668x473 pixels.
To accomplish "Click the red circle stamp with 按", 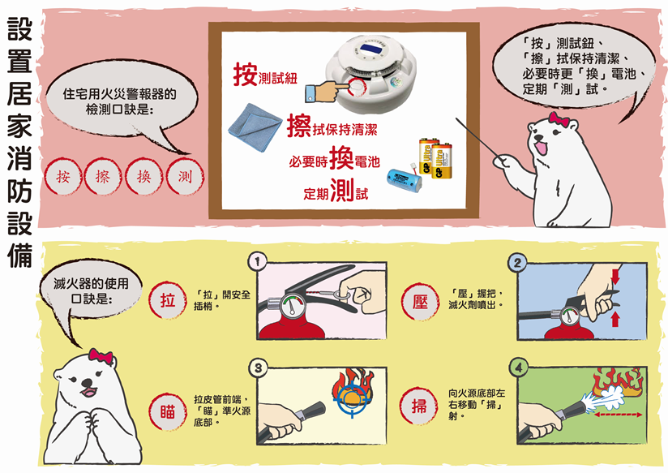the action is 63,176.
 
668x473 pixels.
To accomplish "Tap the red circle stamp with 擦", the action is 103,176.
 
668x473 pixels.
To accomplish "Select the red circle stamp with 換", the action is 144,176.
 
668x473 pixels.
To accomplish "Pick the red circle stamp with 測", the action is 185,176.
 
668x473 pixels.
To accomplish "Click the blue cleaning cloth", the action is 255,127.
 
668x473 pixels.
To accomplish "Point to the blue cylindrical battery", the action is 404,179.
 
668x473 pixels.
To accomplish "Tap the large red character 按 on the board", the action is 245,74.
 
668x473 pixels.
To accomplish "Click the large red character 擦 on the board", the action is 299,126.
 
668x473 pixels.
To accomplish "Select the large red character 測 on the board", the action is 342,190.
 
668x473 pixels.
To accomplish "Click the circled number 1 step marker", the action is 257,262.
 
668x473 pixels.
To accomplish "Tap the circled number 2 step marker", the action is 517,263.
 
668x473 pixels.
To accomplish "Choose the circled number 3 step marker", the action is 258,368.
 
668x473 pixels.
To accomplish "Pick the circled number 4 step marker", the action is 518,368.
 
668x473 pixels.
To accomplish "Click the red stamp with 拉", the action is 168,300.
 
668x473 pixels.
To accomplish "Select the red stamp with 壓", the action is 420,301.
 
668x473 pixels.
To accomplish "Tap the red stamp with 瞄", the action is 168,412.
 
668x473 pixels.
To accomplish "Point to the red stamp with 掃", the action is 419,406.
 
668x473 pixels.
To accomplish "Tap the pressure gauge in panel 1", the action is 292,306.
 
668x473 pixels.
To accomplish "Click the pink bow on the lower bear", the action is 101,355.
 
